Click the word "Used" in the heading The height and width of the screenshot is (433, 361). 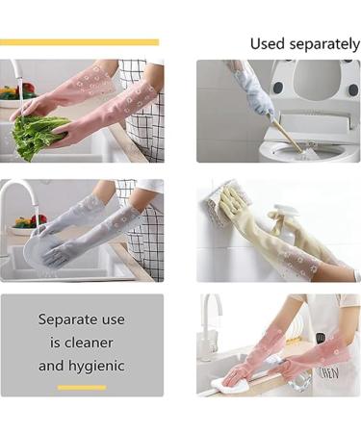click(x=267, y=43)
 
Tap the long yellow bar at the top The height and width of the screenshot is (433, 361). click(x=79, y=42)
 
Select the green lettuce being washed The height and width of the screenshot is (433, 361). click(x=39, y=136)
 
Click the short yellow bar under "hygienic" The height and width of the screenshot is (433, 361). click(x=82, y=388)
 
